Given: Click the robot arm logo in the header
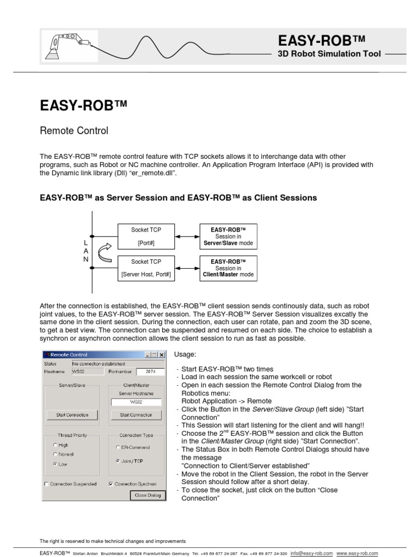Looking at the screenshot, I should tap(70, 46).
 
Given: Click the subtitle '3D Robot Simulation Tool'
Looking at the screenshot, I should tap(329, 54).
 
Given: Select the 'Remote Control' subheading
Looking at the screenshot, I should tap(74, 131).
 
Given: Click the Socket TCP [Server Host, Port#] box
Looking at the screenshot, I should tap(146, 268).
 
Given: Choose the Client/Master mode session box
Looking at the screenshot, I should tap(228, 268).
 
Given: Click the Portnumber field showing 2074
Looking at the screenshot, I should tap(150, 372).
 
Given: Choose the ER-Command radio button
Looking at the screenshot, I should tap(118, 447).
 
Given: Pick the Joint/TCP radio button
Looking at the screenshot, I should tap(118, 461).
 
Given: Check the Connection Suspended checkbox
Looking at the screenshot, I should tap(46, 484).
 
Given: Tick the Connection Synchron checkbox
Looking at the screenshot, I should tap(111, 484).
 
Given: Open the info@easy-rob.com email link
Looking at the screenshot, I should tap(311, 553).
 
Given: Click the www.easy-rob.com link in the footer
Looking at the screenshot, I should tap(357, 553).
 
